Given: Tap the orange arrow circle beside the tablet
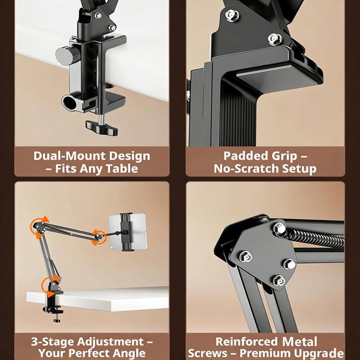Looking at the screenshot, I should coord(98,237).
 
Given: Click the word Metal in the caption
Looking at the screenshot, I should coord(300,342).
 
